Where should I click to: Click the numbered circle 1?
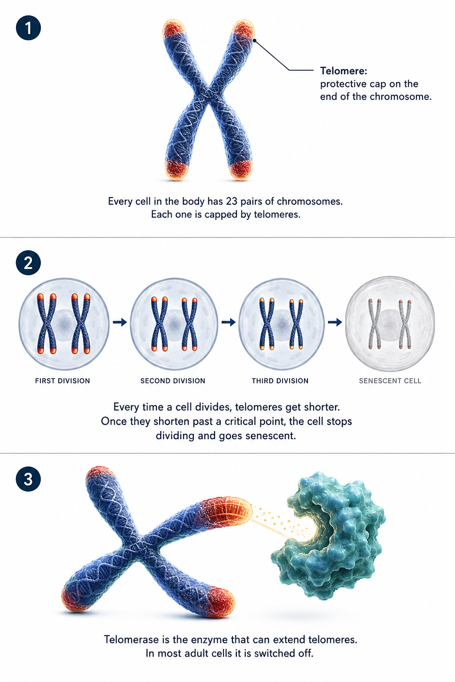(28, 28)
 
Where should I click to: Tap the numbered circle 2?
(28, 263)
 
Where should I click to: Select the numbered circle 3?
(28, 479)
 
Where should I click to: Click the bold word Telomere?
(343, 71)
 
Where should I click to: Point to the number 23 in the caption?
(232, 201)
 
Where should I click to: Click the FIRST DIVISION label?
(63, 381)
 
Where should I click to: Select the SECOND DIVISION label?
(173, 381)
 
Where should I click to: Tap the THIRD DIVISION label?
(280, 381)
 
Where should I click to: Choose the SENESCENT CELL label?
(390, 381)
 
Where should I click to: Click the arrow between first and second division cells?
(120, 322)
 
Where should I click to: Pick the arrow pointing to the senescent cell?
(335, 322)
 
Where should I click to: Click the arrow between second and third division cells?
(228, 322)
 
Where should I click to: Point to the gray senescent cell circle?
(390, 324)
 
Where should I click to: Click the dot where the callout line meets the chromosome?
(255, 40)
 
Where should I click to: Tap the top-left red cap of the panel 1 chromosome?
(174, 29)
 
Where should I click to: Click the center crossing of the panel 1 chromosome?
(208, 91)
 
